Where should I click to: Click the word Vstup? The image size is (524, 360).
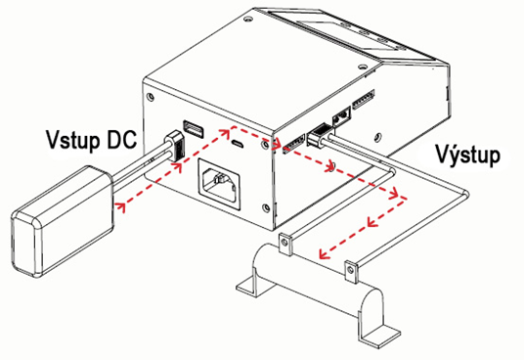pyautogui.click(x=73, y=139)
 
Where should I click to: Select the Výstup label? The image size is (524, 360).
pyautogui.click(x=468, y=155)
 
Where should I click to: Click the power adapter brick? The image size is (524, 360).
pyautogui.click(x=63, y=220)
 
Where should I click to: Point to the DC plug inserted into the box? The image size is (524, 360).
pyautogui.click(x=174, y=147)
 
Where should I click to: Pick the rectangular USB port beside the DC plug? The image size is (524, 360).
pyautogui.click(x=194, y=129)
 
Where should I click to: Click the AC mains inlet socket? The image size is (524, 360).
pyautogui.click(x=219, y=184)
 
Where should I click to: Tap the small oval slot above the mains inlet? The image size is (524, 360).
pyautogui.click(x=238, y=144)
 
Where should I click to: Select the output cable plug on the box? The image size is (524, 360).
pyautogui.click(x=320, y=134)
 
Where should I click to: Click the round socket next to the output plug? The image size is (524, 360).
pyautogui.click(x=341, y=117)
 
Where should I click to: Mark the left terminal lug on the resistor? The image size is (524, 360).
pyautogui.click(x=285, y=244)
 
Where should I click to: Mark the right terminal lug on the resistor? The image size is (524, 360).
pyautogui.click(x=351, y=270)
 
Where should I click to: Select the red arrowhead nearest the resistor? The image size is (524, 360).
pyautogui.click(x=325, y=253)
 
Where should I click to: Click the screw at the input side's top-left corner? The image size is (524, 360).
pyautogui.click(x=151, y=97)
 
